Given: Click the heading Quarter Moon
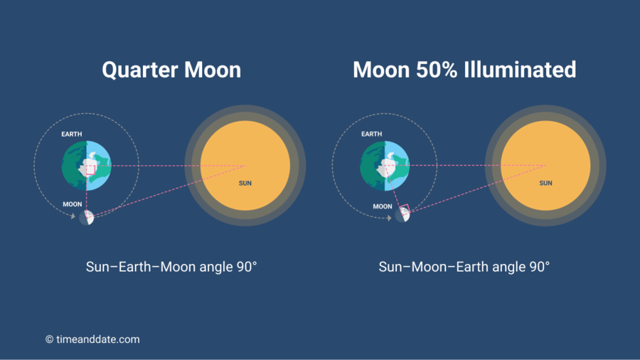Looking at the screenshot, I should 171,70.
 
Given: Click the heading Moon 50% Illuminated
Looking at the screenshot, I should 464,70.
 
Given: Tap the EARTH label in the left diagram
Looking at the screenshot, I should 72,133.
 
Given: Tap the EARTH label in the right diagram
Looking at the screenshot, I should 371,134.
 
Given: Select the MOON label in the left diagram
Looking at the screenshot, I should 72,204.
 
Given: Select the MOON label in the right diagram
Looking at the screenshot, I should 383,206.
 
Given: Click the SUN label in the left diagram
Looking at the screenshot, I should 245,183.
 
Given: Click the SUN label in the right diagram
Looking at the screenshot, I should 545,183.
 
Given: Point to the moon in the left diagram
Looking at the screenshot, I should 86,217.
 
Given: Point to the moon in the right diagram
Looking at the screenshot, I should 402,213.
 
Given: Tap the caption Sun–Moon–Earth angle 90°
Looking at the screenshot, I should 464,267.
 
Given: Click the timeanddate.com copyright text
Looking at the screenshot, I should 92,339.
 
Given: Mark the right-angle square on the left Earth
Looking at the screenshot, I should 90,169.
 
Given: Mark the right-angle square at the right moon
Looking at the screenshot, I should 403,209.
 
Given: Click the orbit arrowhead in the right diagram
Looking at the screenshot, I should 389,217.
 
